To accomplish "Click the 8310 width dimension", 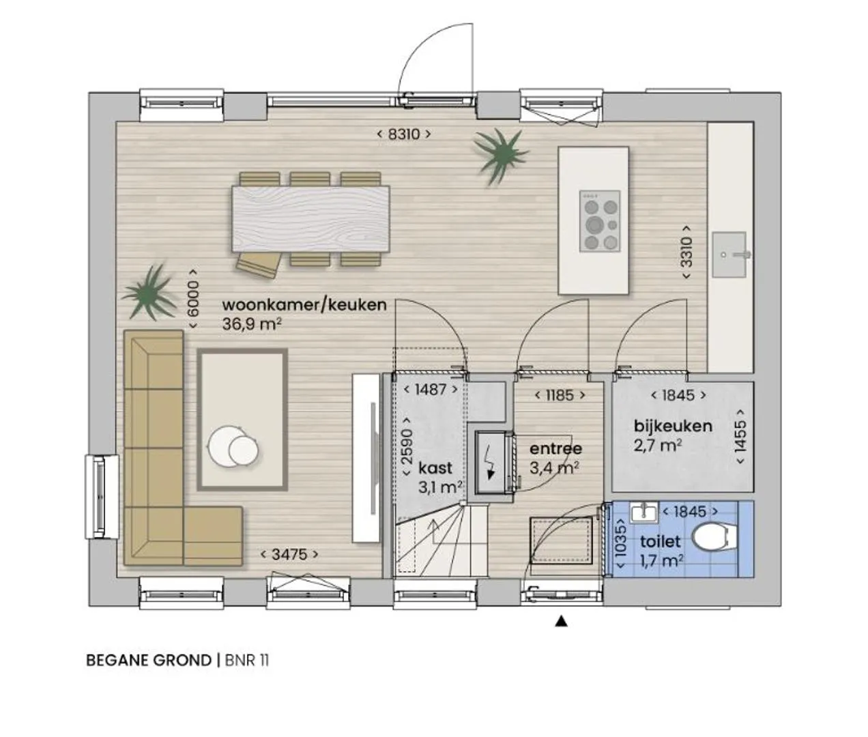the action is tap(403, 134).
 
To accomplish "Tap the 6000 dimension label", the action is tap(192, 298).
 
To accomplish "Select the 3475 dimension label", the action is tap(289, 554).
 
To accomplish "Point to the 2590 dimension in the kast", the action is tap(407, 446).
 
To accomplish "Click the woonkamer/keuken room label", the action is tap(304, 305).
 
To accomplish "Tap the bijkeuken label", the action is tap(673, 426).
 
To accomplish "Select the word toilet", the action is tap(660, 541).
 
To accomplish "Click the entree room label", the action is tap(555, 448).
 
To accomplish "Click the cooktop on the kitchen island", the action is tap(600, 221).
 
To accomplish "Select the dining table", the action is tap(310, 218).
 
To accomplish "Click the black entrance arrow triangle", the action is tap(561, 622).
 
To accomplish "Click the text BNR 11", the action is tap(247, 661).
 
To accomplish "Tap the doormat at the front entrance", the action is tap(561, 541).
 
